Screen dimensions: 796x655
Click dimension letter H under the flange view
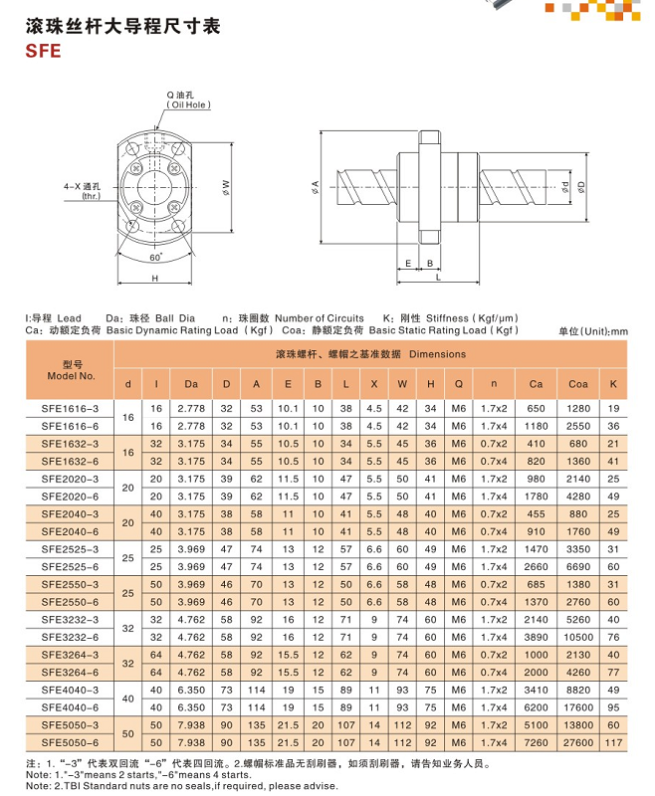(x=156, y=279)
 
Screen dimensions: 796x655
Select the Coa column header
(x=577, y=384)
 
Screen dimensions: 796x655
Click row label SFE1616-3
(x=71, y=409)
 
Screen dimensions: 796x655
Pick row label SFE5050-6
(x=71, y=742)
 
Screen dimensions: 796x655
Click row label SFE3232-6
(x=71, y=637)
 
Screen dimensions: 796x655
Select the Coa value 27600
(x=577, y=742)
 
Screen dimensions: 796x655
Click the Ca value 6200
(x=536, y=707)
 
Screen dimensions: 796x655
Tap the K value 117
(x=613, y=742)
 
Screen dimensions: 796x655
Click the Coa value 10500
(x=577, y=637)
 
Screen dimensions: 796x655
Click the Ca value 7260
(x=536, y=742)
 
